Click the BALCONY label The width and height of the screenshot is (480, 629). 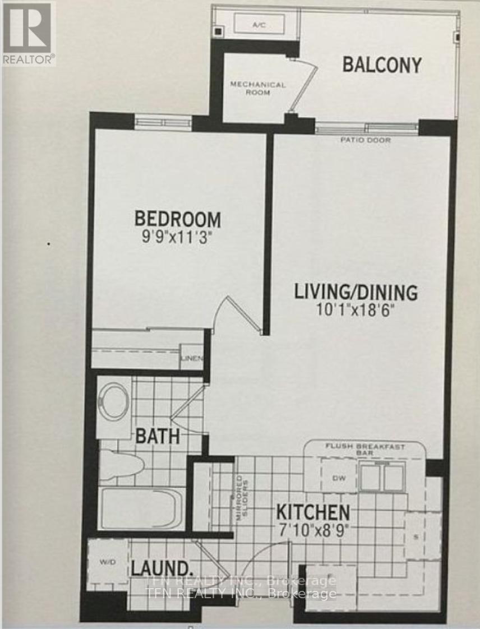(x=382, y=65)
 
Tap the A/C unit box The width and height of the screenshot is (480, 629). (x=259, y=25)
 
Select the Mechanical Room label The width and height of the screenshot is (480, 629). (x=258, y=88)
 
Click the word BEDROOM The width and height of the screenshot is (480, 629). (x=177, y=218)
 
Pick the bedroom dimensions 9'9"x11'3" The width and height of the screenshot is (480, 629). (x=177, y=235)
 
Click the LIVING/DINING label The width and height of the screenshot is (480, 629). (x=357, y=292)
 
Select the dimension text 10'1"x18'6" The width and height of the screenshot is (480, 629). (x=357, y=309)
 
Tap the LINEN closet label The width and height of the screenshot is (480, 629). (x=191, y=359)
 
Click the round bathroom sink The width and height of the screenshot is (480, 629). (x=114, y=399)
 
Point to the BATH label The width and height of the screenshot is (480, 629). (x=159, y=436)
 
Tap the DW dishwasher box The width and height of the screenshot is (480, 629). (x=337, y=478)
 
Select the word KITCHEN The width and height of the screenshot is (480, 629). (x=313, y=512)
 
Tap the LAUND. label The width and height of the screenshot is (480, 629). (x=163, y=567)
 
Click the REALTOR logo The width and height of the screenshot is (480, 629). (x=27, y=33)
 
